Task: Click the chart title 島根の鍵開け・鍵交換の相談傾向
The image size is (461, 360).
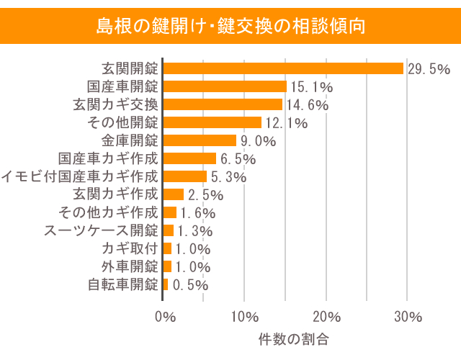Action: pyautogui.click(x=230, y=27)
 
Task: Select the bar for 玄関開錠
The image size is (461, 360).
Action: pyautogui.click(x=283, y=68)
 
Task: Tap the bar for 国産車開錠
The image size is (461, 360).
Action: pyautogui.click(x=225, y=86)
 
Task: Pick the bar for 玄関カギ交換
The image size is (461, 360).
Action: pyautogui.click(x=223, y=104)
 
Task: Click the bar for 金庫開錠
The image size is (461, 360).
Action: pyautogui.click(x=200, y=140)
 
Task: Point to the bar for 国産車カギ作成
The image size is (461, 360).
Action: pyautogui.click(x=189, y=158)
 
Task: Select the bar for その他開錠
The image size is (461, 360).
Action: pyautogui.click(x=212, y=122)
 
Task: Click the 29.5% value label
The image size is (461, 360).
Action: pyautogui.click(x=429, y=69)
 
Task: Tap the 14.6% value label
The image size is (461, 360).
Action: pyautogui.click(x=307, y=105)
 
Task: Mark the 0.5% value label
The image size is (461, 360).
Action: pyautogui.click(x=189, y=285)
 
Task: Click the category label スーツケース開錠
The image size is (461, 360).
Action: pyautogui.click(x=101, y=230)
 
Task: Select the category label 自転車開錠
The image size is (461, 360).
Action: pyautogui.click(x=122, y=284)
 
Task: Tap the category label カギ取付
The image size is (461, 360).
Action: pyautogui.click(x=130, y=248)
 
